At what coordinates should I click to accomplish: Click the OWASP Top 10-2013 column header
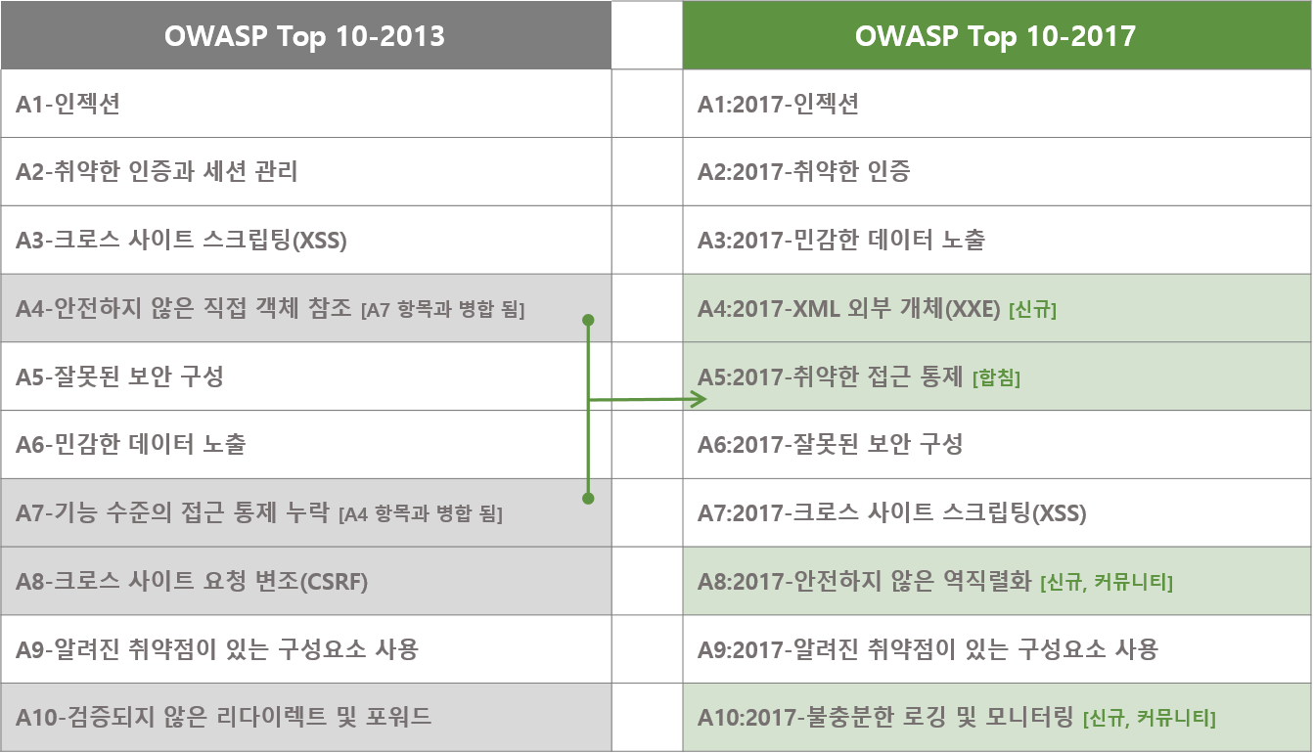(306, 35)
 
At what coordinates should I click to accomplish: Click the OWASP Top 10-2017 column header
(996, 35)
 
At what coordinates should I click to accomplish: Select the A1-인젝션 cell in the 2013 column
(306, 104)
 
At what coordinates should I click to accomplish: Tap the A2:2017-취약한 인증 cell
(996, 172)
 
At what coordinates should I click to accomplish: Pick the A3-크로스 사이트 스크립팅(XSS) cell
(306, 240)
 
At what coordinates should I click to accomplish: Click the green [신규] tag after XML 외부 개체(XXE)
(1033, 309)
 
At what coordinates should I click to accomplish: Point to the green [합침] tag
(996, 377)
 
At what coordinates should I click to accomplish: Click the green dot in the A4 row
(589, 320)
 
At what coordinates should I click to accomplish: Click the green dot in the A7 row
(589, 499)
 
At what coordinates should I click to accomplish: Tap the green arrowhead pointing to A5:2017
(700, 399)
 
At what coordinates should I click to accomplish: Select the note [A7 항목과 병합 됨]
(443, 309)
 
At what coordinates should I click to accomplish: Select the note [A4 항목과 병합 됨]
(421, 514)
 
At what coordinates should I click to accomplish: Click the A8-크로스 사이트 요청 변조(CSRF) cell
(306, 581)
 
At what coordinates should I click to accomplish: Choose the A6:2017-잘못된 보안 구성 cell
(996, 444)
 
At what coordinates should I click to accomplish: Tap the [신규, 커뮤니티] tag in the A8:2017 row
(1107, 582)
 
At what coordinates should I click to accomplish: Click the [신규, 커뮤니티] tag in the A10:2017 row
(1150, 718)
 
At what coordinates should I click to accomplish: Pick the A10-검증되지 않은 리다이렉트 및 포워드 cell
(306, 717)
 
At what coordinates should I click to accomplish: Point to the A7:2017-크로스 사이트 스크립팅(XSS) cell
(996, 512)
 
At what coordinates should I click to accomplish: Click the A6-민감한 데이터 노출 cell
(306, 444)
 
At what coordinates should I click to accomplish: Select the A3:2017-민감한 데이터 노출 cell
(996, 240)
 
